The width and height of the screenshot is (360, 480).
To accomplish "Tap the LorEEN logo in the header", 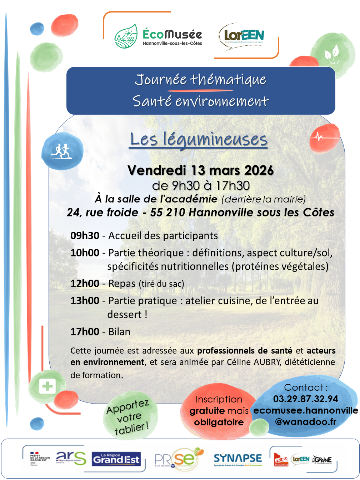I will point(241,37).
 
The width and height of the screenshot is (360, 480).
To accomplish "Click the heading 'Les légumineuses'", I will point(199,139).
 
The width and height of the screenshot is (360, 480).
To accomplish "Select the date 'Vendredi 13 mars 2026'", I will point(201,170).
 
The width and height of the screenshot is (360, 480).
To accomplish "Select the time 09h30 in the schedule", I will point(85,236).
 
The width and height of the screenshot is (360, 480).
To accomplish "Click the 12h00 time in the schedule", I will point(85,284).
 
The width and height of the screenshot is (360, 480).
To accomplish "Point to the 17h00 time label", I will point(85,332).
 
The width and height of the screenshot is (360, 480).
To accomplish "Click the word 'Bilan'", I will point(119,332).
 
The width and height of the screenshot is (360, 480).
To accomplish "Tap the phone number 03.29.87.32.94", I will point(305,399).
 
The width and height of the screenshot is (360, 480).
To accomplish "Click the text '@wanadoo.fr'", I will point(305,421).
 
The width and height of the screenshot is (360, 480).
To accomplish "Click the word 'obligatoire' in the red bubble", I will point(219,422).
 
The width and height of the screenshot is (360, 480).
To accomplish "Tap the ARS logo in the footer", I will point(71,458).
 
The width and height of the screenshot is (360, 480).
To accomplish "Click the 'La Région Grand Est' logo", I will point(116,459).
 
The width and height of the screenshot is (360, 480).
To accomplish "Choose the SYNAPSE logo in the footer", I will point(237,459).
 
